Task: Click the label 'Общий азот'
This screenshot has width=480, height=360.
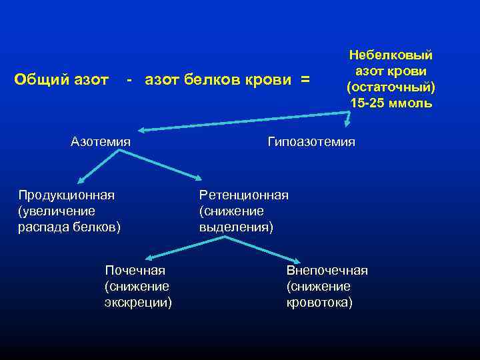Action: [x=61, y=81]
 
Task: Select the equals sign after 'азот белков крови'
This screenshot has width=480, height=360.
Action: [x=305, y=81]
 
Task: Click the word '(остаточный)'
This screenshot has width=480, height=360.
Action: [x=391, y=87]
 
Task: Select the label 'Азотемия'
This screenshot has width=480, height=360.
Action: [x=100, y=142]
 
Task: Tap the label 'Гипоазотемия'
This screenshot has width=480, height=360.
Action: [x=311, y=142]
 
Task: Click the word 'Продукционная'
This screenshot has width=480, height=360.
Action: [x=66, y=195]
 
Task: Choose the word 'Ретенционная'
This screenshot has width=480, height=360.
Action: [x=243, y=195]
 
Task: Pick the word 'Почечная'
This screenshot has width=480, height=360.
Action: [x=135, y=271]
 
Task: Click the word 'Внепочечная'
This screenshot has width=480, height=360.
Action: [x=327, y=271]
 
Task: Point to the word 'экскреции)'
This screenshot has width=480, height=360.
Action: [x=138, y=303]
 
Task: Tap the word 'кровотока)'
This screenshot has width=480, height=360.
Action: [x=319, y=303]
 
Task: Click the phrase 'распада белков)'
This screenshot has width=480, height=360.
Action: [x=69, y=227]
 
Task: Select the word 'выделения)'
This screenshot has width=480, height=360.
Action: [x=236, y=227]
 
